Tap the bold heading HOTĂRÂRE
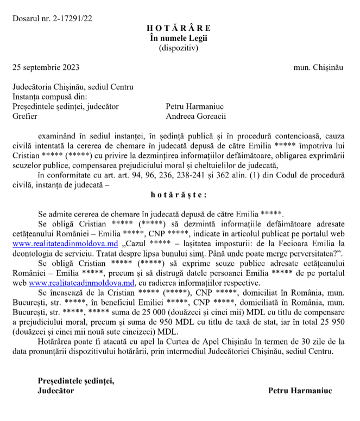[x=179, y=28]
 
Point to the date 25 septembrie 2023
[x=46, y=68]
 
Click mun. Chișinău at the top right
[x=318, y=68]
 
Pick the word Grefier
[x=24, y=116]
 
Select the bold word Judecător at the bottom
[x=56, y=390]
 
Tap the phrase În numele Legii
[x=179, y=38]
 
